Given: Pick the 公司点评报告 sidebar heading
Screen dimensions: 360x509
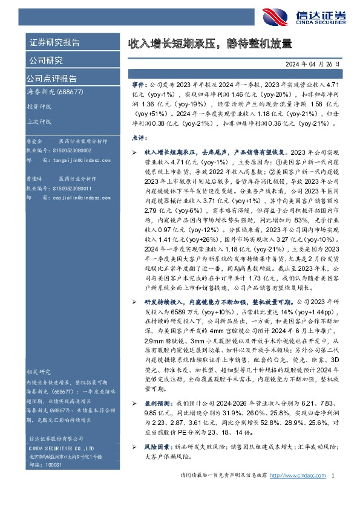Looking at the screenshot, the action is pyautogui.click(x=51, y=78).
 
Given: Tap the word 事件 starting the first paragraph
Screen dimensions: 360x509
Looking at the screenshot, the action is pyautogui.click(x=139, y=86).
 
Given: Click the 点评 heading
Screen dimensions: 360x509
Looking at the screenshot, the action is pyautogui.click(x=139, y=138).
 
